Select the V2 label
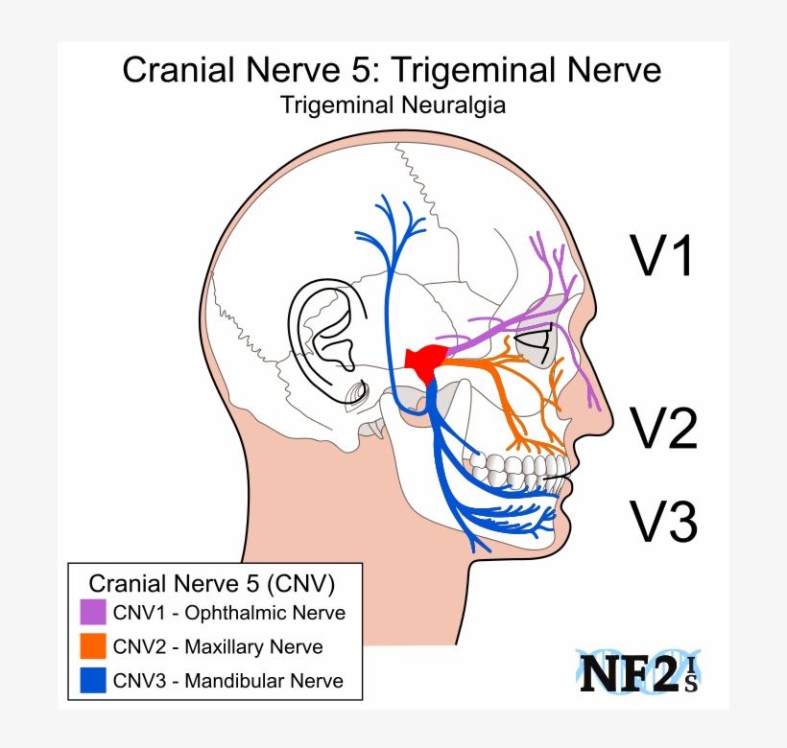661,428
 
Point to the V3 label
661,520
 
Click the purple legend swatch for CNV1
93,612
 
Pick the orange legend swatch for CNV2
93,646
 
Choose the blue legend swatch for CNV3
93,681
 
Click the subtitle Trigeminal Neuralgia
393,105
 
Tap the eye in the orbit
534,339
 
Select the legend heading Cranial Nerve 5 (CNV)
211,583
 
